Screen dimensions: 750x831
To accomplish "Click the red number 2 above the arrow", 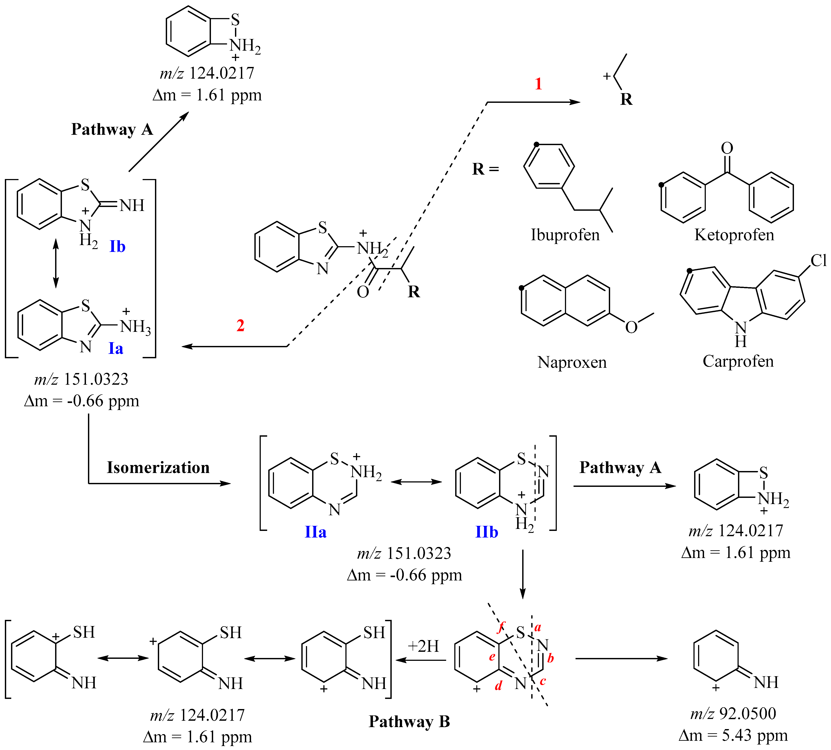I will (x=240, y=326).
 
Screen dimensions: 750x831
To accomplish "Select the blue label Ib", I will (x=117, y=247).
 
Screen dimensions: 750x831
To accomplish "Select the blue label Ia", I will (x=116, y=348).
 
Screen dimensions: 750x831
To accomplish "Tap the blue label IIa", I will (x=315, y=532).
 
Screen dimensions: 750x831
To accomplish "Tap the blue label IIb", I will (x=486, y=532).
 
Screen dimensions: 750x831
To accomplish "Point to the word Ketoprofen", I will (x=734, y=235).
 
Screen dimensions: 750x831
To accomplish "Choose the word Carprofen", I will (x=738, y=361).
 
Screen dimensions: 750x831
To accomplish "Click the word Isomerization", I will (x=158, y=467).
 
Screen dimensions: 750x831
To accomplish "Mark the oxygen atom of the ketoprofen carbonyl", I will (x=727, y=148).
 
